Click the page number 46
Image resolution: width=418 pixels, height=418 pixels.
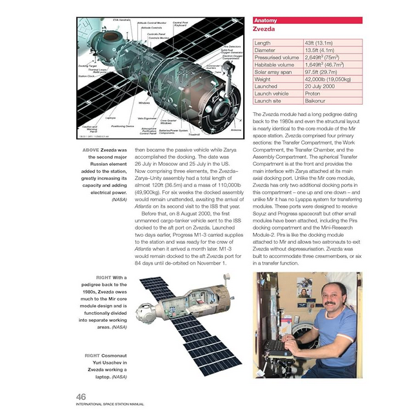pos(82,396)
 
